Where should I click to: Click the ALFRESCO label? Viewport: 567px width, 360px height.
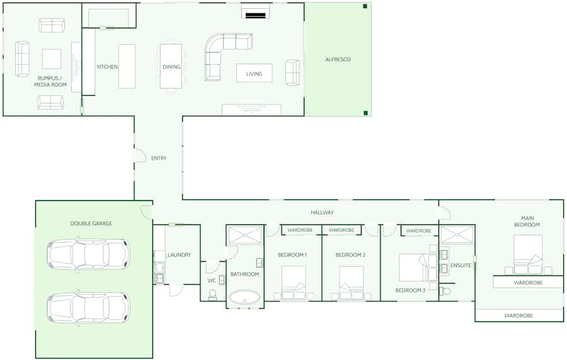pos(338,59)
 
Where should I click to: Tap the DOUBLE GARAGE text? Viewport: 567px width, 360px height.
pos(91,223)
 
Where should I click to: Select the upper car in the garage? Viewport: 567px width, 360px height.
pos(88,254)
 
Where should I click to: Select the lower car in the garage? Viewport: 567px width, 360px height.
pos(88,308)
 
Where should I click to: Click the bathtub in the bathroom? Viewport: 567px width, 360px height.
pos(245,297)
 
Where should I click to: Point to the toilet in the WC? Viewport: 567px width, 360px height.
pos(212,294)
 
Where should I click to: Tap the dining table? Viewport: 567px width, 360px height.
pos(171,66)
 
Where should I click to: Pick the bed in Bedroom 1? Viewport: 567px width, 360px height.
pos(293,282)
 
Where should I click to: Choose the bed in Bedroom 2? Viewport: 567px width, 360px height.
pos(351,282)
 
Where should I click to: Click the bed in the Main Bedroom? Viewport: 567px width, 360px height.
pos(528,255)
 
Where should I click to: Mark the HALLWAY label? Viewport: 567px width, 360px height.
pos(322,212)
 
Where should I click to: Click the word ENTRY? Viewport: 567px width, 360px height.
pos(159,158)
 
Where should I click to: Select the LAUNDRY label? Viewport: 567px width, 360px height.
pos(179,255)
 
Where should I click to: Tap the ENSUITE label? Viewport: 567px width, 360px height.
pos(461,265)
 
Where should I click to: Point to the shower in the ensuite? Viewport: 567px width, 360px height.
pos(457,235)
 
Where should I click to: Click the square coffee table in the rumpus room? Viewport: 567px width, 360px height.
pos(52,59)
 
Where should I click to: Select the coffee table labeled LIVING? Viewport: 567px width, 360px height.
pos(255,73)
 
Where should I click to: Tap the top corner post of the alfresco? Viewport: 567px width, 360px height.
pos(365,6)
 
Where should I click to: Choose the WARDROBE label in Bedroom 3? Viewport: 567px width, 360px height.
pos(418,231)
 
